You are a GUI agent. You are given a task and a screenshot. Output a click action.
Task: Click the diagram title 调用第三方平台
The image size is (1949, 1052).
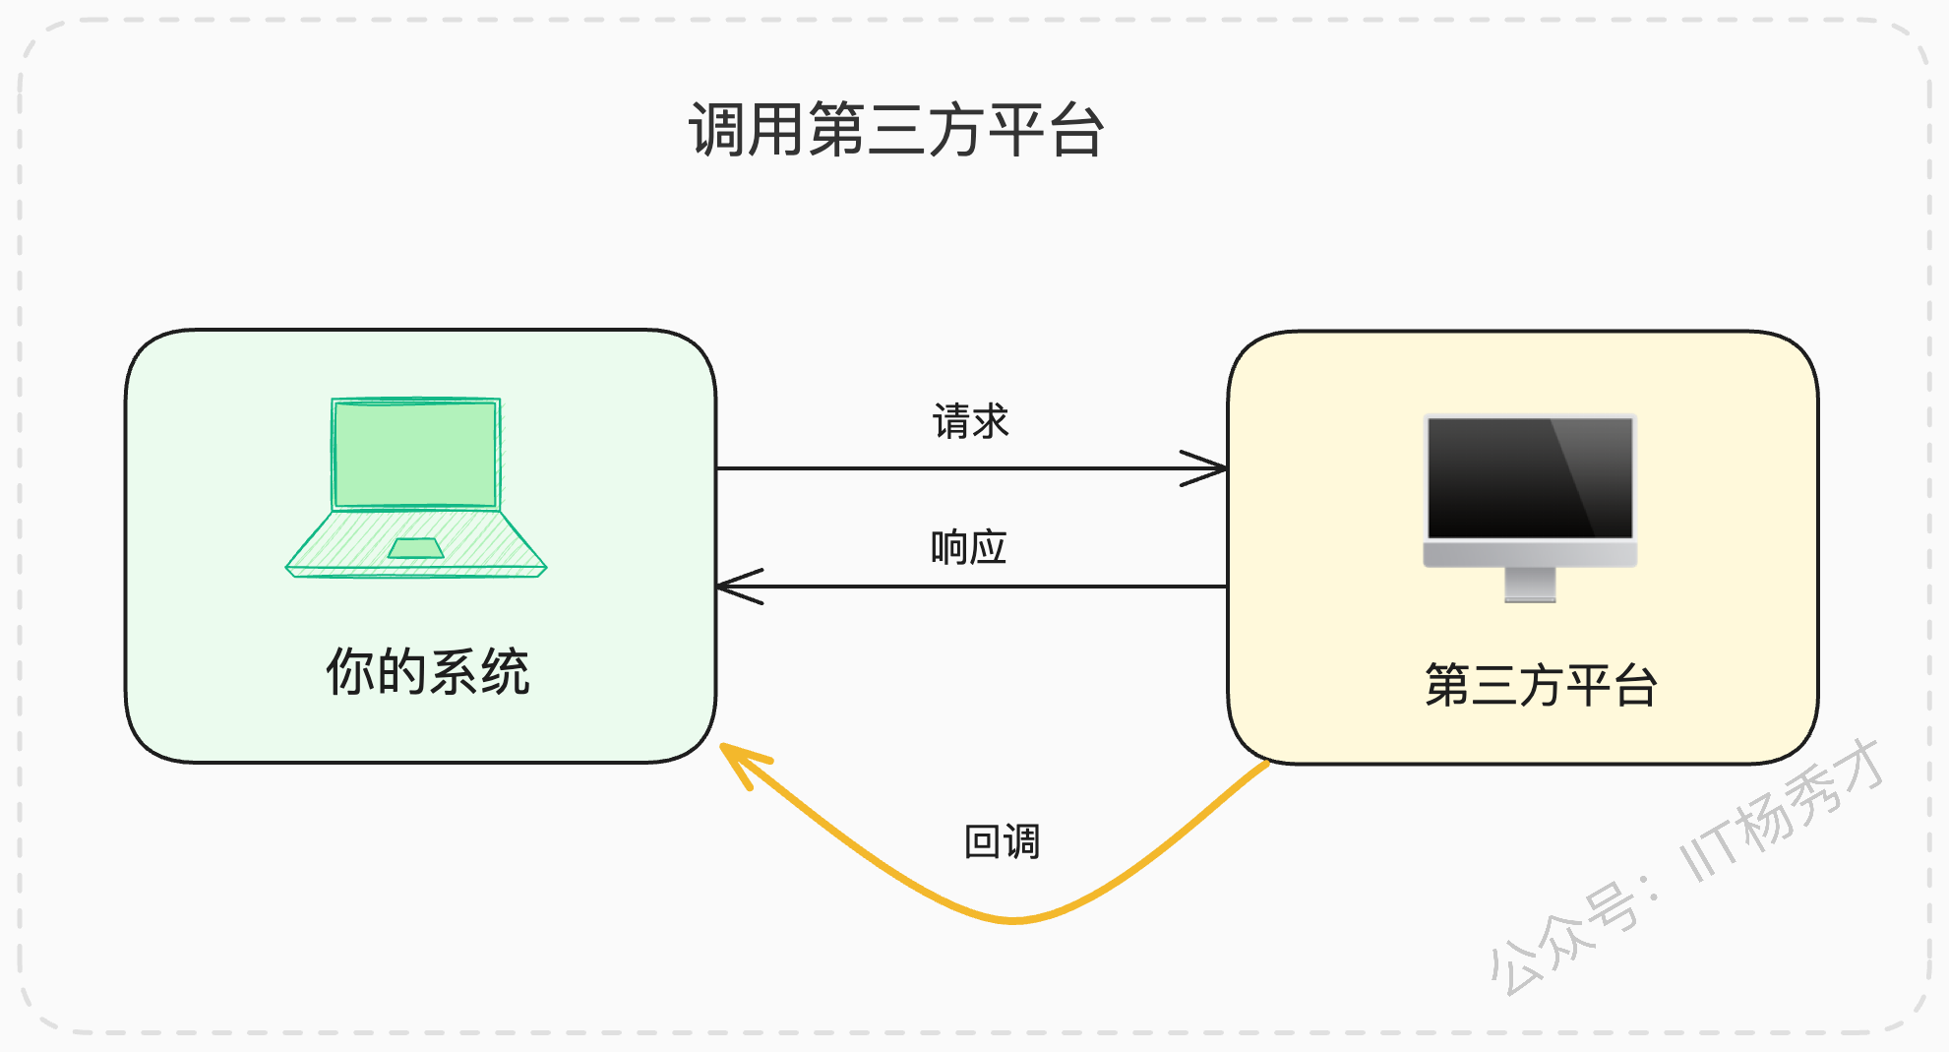[x=896, y=130]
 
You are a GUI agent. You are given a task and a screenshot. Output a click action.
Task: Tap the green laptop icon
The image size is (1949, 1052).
[x=416, y=487]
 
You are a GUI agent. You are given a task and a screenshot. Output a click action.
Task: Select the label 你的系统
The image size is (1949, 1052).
[x=428, y=672]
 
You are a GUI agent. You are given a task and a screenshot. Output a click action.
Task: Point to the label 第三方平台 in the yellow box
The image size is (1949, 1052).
[x=1541, y=685]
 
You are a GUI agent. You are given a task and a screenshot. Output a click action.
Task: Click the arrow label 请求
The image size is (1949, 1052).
[x=971, y=421]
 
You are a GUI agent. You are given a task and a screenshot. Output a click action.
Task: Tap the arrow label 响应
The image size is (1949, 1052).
[x=969, y=547]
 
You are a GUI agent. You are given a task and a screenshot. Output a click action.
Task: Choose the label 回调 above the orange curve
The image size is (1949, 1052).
[x=1002, y=841]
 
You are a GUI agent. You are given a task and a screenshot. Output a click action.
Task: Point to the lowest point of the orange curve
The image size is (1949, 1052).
[x=1013, y=921]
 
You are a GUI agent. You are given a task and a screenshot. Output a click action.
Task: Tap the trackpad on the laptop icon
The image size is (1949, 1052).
[x=416, y=548]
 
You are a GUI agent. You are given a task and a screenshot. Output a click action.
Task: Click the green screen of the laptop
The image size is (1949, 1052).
[x=416, y=454]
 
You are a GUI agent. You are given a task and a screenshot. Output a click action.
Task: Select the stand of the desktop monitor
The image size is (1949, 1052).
[x=1530, y=585]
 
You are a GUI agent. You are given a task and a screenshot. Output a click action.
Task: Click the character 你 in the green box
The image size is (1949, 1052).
[x=351, y=672]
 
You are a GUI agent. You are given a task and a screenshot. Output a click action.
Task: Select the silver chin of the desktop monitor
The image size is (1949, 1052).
[x=1530, y=554]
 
